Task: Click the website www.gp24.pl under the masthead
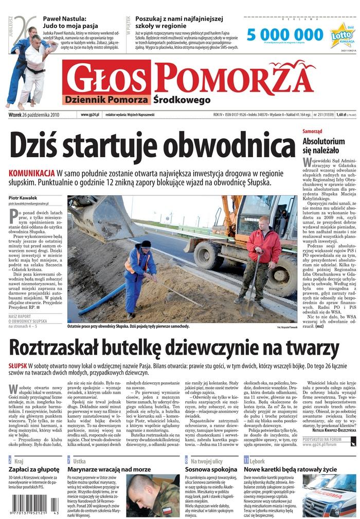tap(89, 115)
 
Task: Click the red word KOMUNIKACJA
tap(31, 173)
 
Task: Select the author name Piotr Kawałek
tap(23, 198)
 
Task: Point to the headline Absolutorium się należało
tap(323, 145)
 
